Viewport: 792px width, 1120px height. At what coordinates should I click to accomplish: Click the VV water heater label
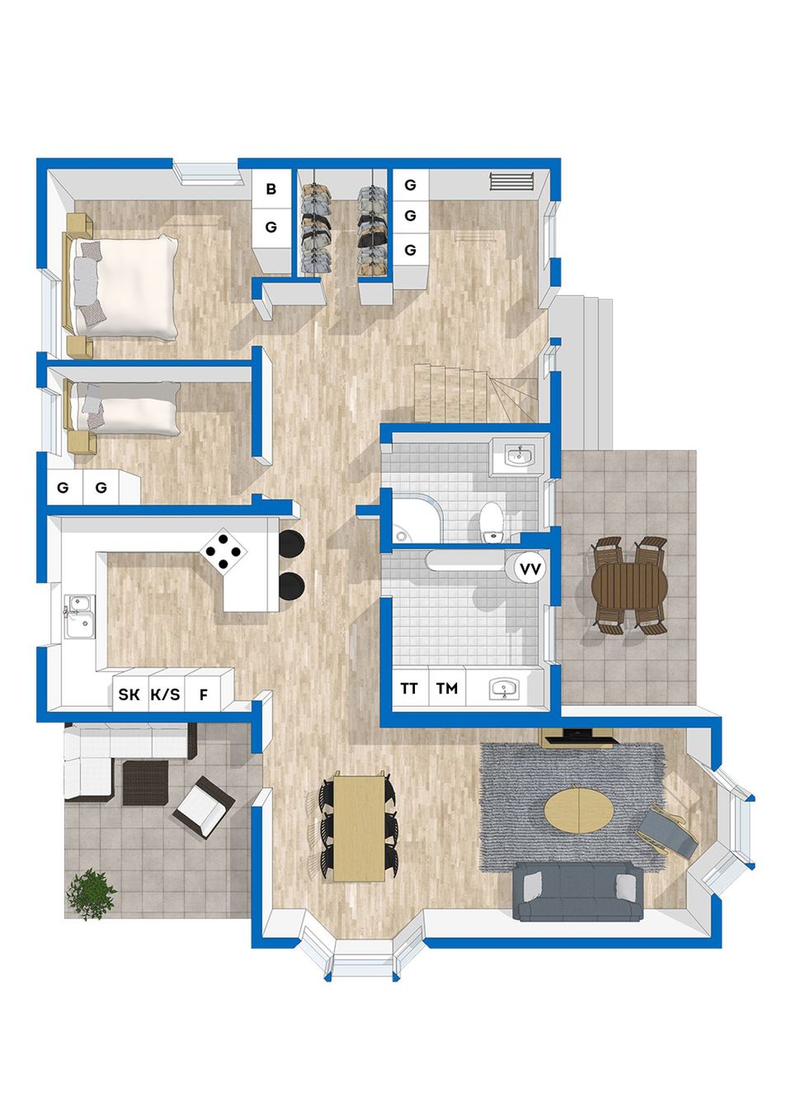[x=530, y=569]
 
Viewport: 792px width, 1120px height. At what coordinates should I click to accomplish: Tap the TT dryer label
[x=409, y=689]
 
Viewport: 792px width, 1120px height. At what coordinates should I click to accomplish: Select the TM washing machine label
[x=446, y=689]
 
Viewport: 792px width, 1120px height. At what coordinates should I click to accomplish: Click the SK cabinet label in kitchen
[x=129, y=694]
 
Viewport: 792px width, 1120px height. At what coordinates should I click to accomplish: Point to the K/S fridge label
[x=166, y=694]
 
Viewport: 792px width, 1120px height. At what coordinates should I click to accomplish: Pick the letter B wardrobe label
[x=271, y=189]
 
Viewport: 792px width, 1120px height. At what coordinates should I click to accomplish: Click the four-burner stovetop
[x=223, y=550]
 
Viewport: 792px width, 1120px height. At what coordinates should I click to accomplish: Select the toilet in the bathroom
[x=491, y=522]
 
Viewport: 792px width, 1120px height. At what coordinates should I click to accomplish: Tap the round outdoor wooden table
[x=629, y=586]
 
